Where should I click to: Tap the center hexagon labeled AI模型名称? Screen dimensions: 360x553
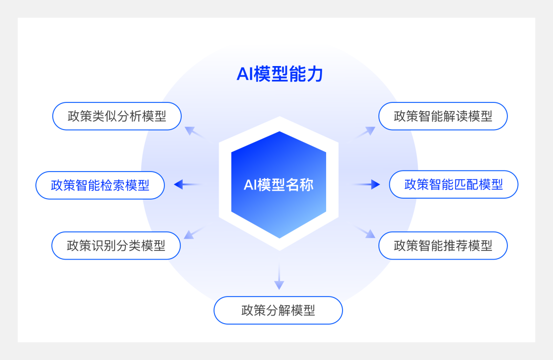click(279, 185)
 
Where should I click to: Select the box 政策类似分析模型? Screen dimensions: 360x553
click(117, 116)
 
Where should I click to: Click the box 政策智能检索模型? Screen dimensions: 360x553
click(100, 185)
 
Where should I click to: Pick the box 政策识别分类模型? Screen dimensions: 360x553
click(116, 246)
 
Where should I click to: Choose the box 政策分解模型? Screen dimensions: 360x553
click(278, 310)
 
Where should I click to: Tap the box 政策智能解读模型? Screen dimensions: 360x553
click(443, 116)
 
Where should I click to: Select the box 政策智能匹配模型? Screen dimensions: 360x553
click(454, 184)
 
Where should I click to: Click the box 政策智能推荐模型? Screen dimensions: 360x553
click(443, 246)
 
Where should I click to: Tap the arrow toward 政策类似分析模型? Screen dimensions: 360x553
click(194, 132)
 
